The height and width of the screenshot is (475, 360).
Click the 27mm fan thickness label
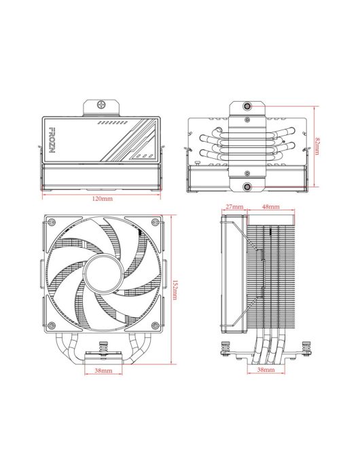pos(234,206)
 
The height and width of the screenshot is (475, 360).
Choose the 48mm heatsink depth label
pos(270,206)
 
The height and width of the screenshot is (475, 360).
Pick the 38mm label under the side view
pos(266,371)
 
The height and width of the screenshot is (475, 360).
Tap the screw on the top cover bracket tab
pos(102,107)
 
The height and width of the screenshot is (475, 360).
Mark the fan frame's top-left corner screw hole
pos(49,222)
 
